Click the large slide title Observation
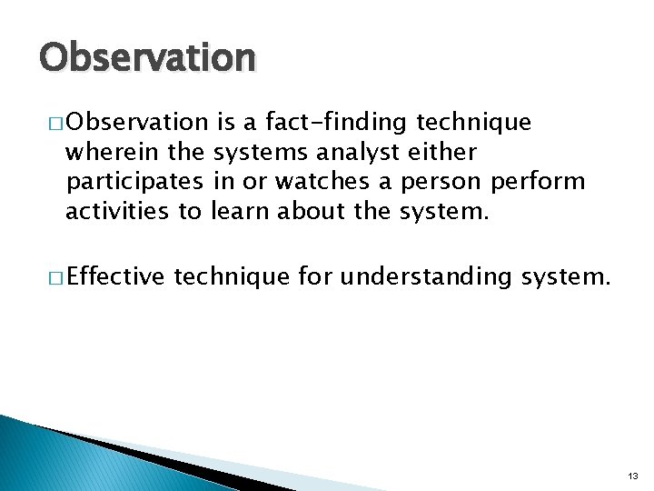click(147, 57)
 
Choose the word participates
click(136, 182)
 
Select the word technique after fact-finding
click(473, 122)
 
